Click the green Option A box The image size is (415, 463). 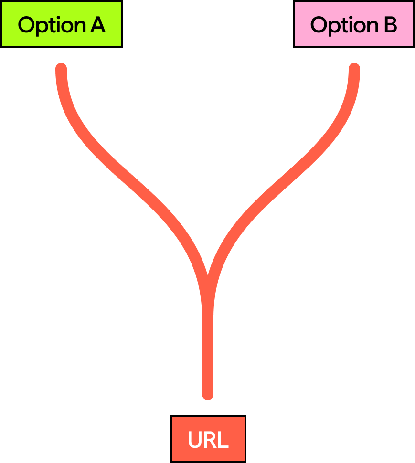[61, 24]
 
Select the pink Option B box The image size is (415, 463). [353, 24]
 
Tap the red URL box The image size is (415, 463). [208, 439]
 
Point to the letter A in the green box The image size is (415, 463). [97, 25]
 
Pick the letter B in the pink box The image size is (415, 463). [390, 25]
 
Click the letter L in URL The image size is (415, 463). [223, 440]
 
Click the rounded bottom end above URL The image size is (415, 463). [208, 394]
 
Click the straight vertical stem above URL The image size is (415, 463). [208, 348]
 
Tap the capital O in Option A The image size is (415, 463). [26, 25]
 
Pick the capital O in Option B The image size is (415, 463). [319, 25]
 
